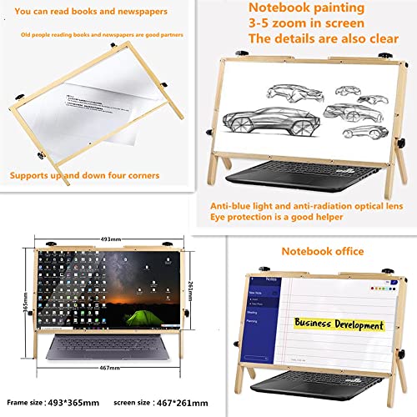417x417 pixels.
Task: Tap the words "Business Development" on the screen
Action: (336, 324)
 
